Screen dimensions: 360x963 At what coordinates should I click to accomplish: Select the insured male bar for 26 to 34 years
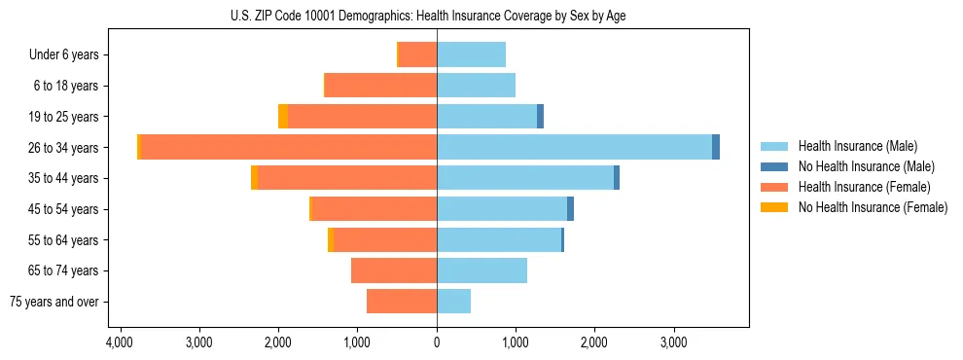click(574, 147)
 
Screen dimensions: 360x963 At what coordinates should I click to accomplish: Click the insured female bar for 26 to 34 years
click(580, 147)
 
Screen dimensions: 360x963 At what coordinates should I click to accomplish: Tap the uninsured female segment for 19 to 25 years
click(283, 117)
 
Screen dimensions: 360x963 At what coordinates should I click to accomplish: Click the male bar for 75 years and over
click(453, 302)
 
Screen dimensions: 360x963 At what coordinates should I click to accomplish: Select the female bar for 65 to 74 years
click(394, 270)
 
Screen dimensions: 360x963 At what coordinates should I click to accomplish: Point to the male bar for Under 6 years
click(471, 54)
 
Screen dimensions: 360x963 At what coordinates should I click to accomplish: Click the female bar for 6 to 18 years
click(380, 86)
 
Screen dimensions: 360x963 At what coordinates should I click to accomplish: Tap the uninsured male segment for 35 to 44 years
click(617, 178)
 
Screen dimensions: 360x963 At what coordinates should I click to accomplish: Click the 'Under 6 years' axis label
click(63, 55)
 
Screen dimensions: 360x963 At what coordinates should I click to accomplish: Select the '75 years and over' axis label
click(53, 303)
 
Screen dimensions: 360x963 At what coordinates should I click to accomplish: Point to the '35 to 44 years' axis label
click(64, 179)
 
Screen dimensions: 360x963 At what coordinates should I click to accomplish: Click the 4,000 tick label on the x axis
click(120, 343)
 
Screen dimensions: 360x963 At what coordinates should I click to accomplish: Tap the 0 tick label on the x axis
click(437, 343)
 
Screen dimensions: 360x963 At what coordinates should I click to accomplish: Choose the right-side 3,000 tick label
click(674, 343)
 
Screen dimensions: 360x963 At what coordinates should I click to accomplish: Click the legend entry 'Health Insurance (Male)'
click(857, 146)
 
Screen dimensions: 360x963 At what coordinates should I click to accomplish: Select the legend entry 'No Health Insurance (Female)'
click(873, 207)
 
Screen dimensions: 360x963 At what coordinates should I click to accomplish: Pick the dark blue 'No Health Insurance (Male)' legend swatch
click(774, 166)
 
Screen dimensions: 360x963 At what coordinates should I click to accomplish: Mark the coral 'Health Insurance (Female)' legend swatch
click(774, 187)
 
